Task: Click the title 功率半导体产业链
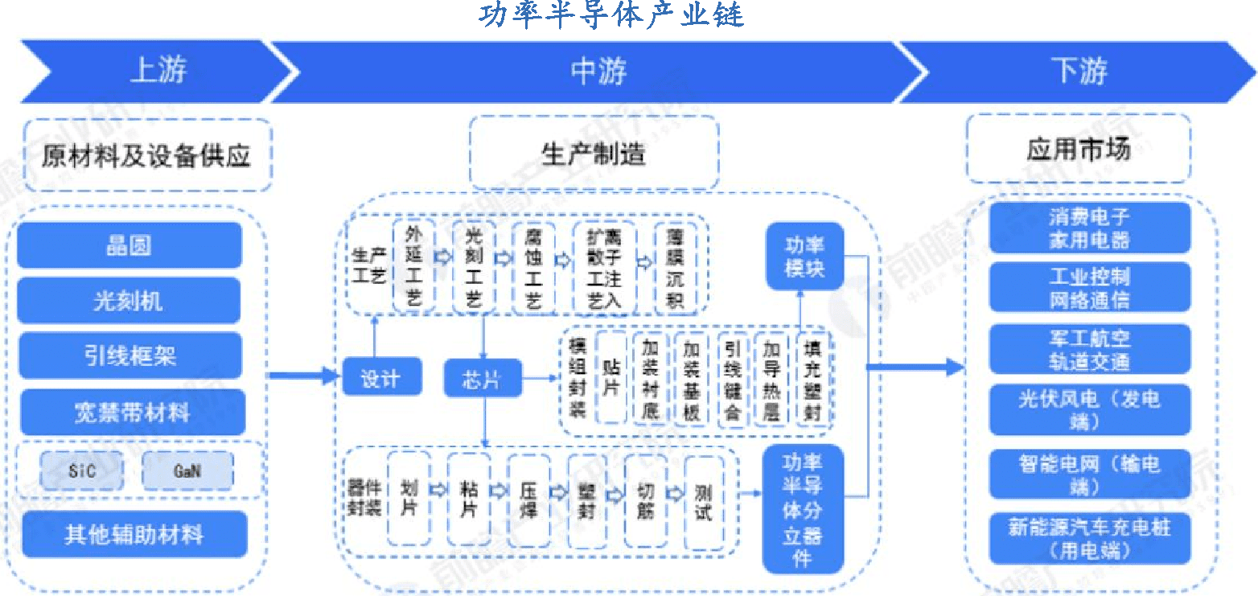click(612, 14)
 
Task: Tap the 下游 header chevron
click(1078, 72)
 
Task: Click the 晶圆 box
click(129, 245)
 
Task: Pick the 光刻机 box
click(129, 301)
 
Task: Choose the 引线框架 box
click(129, 356)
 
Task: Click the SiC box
click(82, 471)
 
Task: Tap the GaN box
click(187, 471)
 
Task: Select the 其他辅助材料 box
click(134, 534)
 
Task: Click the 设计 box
click(381, 377)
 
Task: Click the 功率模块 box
click(804, 257)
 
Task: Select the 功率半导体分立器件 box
click(803, 509)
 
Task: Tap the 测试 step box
click(703, 501)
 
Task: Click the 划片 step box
click(409, 499)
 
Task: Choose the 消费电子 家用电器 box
click(1089, 228)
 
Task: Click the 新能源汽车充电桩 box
click(1089, 538)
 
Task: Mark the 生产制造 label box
click(594, 154)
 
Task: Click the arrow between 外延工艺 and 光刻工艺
click(442, 258)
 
